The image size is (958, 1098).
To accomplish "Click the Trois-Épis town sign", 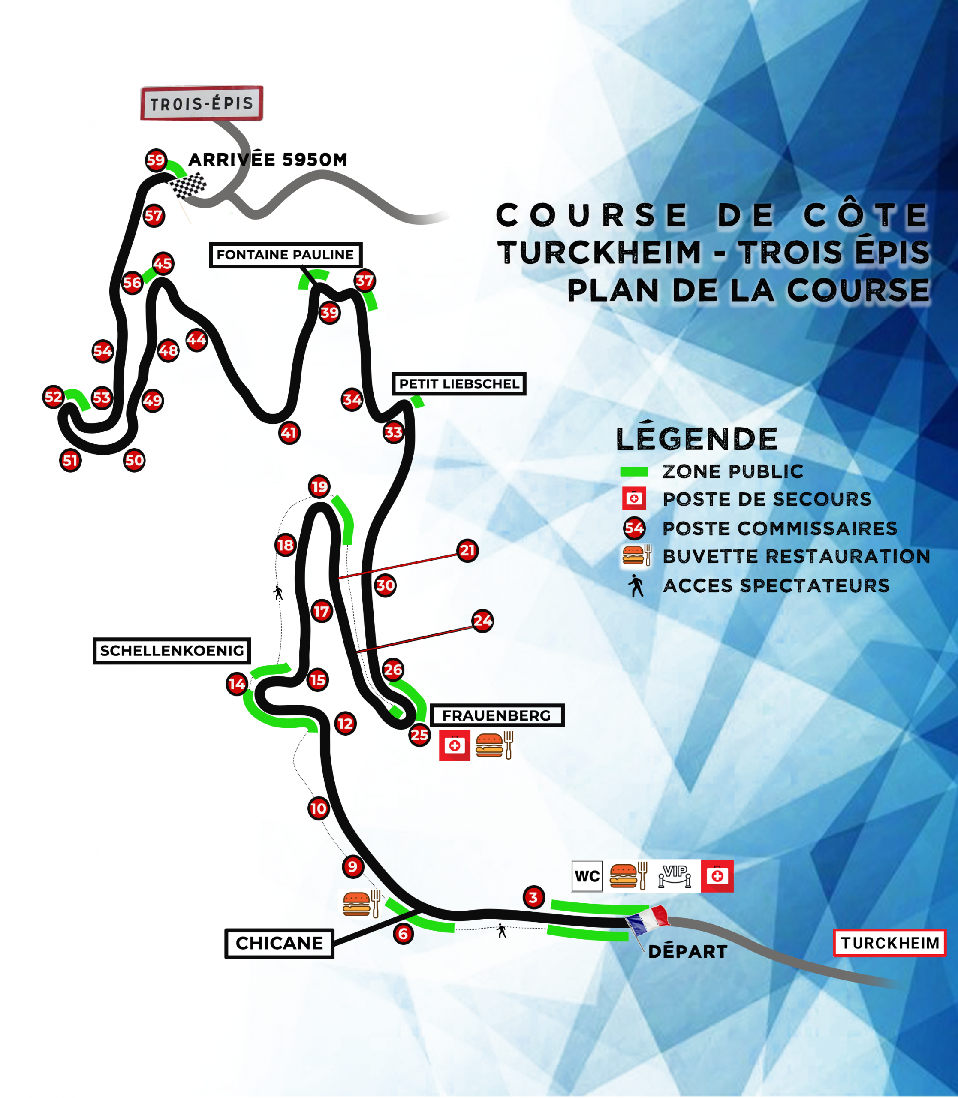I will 202,103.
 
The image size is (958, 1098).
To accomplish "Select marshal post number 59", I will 156,160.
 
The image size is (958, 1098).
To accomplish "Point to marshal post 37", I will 365,281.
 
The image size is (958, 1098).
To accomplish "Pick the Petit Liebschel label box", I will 459,384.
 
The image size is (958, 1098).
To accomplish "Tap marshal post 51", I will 70,460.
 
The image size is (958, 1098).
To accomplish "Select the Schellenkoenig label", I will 172,651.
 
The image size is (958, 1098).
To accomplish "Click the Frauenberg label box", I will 497,715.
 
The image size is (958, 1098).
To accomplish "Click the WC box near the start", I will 587,876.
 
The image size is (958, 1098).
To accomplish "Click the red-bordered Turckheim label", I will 889,943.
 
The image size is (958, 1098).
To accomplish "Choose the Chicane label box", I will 279,944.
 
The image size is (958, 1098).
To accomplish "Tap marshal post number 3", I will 533,898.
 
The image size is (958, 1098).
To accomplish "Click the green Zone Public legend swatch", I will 633,471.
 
